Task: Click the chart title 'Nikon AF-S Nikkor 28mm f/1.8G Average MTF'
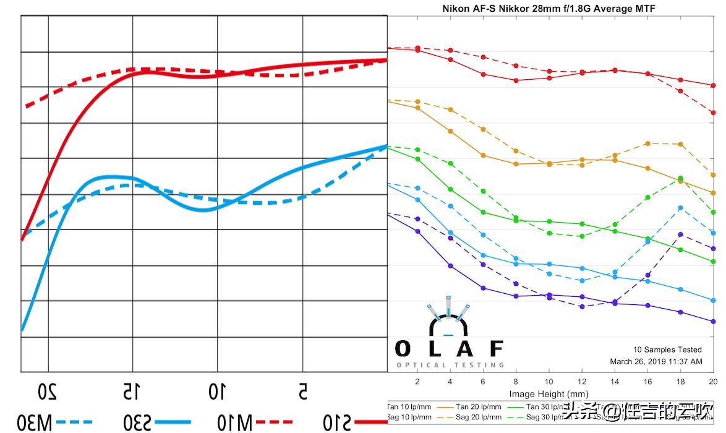[549, 8]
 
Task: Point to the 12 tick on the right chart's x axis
[582, 381]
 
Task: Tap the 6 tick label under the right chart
[483, 381]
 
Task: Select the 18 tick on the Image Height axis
[680, 381]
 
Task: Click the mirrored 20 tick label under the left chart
[48, 392]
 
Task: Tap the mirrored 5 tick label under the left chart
[302, 392]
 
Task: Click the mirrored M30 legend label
[35, 422]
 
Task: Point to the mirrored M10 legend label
[235, 422]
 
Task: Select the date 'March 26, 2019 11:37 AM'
[656, 361]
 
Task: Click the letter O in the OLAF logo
[403, 349]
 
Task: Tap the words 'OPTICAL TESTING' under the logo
[450, 365]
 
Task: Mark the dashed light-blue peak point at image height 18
[680, 208]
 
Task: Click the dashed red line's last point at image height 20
[713, 113]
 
